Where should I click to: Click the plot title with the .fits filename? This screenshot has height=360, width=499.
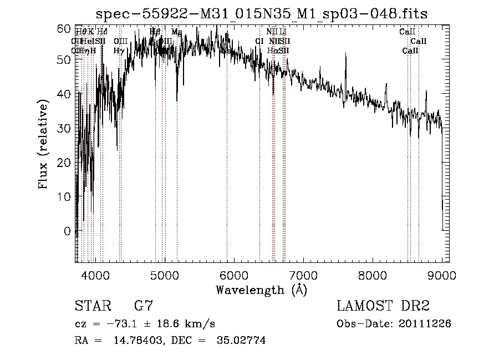[x=261, y=13]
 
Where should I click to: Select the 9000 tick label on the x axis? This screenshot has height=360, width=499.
[x=441, y=275]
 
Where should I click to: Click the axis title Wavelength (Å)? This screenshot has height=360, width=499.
[x=261, y=290]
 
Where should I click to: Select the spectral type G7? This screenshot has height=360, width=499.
[x=144, y=306]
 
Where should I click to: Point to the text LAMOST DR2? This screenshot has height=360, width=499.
[x=383, y=306]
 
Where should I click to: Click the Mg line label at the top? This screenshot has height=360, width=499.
[x=176, y=32]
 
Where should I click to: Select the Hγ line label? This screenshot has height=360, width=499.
[x=119, y=50]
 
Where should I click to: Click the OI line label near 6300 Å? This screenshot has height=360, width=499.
[x=259, y=41]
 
